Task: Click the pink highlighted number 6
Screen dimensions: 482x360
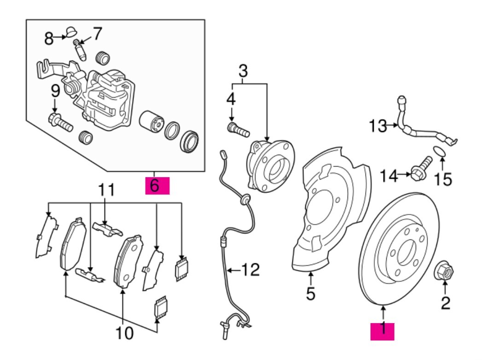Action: coord(157,186)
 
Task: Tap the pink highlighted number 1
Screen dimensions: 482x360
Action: coord(383,331)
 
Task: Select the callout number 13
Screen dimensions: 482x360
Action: coord(378,126)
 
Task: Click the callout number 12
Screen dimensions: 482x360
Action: coord(251,269)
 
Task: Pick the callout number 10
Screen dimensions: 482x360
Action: coord(125,333)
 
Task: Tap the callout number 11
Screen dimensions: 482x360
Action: coord(106,190)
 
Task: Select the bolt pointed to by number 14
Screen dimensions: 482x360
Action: coord(421,168)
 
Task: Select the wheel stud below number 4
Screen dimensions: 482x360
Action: coord(238,129)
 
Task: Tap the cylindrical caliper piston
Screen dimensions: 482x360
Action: coord(151,122)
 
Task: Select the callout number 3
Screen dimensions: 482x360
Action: coord(243,71)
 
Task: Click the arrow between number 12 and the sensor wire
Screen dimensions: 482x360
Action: coord(234,270)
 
